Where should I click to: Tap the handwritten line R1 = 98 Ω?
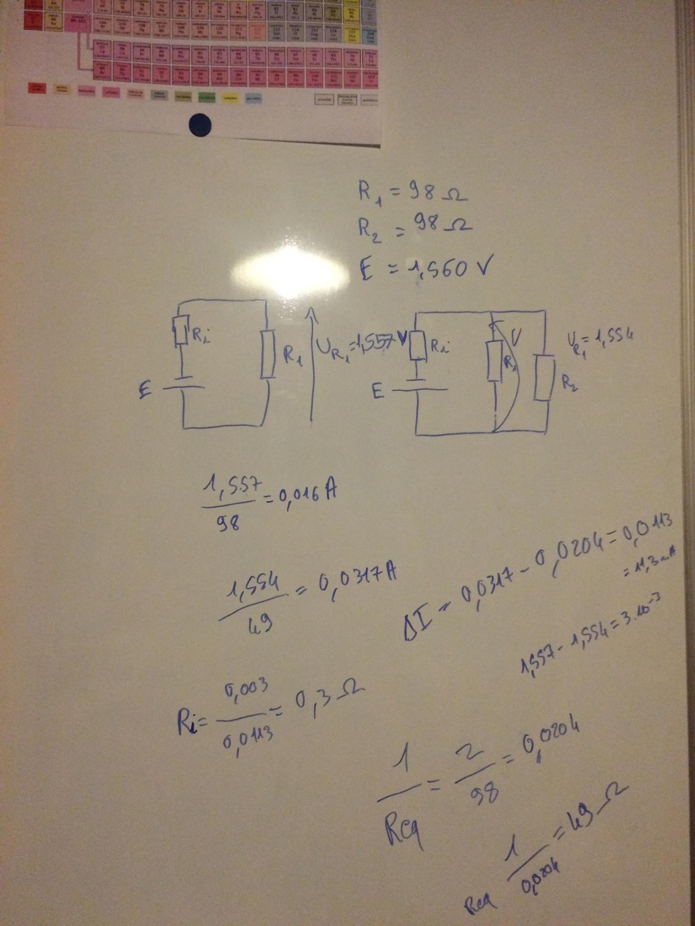tap(412, 193)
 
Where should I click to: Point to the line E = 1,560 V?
tap(424, 269)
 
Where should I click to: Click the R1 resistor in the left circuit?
tap(267, 354)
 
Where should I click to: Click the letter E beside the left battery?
tap(145, 392)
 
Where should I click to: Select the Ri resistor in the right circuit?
tap(418, 345)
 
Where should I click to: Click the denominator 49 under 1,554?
tap(260, 625)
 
